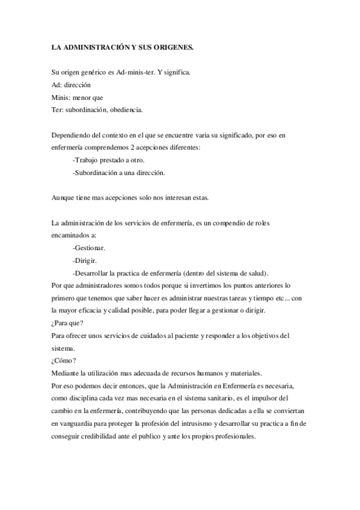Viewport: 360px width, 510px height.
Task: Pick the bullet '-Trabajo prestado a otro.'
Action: point(108,160)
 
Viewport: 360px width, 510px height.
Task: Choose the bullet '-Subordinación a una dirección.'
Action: point(118,172)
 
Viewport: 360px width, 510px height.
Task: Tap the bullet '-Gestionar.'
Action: point(89,248)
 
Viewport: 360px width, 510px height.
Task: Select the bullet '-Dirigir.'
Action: point(85,260)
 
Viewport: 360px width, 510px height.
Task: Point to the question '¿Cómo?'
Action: point(64,361)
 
